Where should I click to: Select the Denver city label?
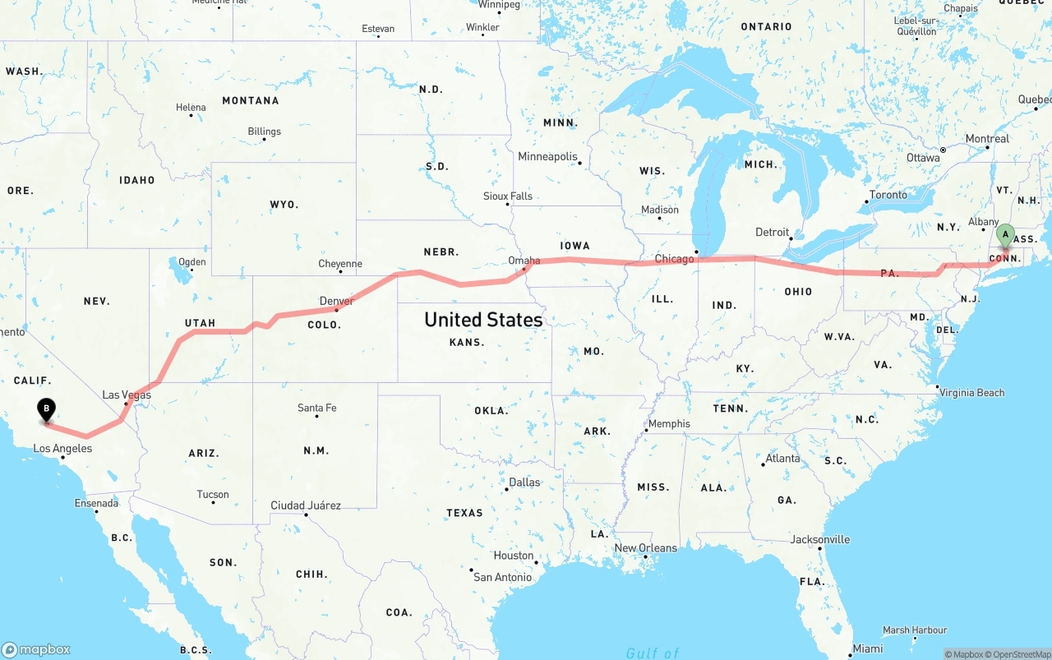(337, 301)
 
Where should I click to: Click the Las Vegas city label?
(127, 395)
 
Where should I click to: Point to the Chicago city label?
(674, 259)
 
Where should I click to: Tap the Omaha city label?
(524, 261)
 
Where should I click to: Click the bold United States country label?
(483, 319)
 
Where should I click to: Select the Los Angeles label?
(62, 448)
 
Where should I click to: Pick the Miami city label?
(867, 648)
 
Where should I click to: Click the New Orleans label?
(646, 547)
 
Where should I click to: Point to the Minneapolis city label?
(547, 156)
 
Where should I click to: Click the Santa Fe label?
(317, 408)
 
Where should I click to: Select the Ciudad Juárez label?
(306, 505)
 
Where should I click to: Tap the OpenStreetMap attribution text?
(1022, 654)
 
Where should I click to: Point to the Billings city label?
(264, 131)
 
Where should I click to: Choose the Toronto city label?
(888, 195)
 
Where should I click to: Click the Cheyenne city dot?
(339, 272)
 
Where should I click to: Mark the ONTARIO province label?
(766, 26)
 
